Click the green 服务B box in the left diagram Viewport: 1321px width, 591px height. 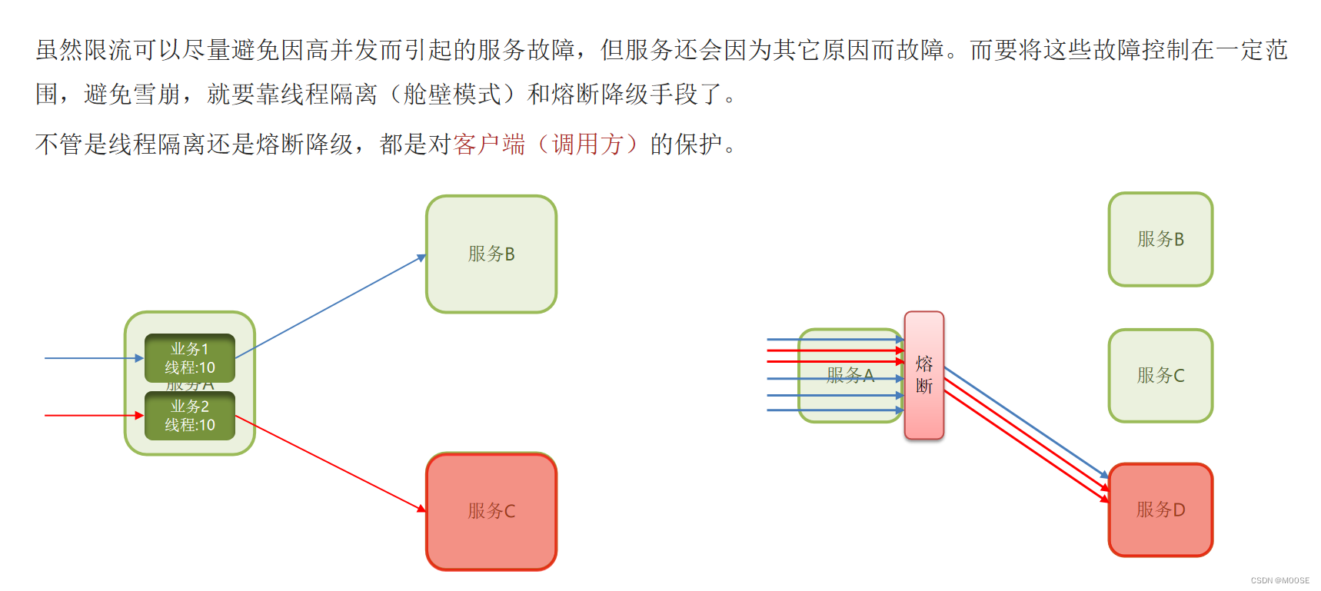491,254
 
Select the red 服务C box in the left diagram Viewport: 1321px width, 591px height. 491,511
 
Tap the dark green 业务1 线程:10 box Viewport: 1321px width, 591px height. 190,357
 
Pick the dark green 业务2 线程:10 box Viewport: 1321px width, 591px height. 190,416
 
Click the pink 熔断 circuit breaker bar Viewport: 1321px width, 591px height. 923,375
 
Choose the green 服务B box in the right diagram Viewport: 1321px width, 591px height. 1160,239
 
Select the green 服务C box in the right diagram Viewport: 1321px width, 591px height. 1160,375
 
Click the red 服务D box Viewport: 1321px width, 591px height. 1160,510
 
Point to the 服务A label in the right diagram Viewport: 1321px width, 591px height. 850,375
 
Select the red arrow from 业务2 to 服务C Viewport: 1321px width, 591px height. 331,463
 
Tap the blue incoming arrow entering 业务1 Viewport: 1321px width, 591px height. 92,358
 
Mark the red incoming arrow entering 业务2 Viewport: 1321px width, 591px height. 92,415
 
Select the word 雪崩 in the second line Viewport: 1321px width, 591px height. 157,95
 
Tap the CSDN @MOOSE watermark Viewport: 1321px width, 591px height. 1279,581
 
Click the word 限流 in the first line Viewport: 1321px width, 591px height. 108,50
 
